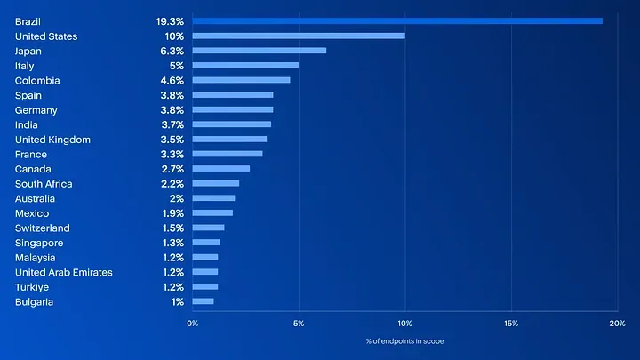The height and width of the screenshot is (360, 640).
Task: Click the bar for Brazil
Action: pos(397,21)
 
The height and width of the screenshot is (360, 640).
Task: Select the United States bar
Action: pos(299,36)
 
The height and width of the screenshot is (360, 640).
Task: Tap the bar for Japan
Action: pos(260,51)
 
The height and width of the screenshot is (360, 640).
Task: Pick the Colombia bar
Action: pos(242,80)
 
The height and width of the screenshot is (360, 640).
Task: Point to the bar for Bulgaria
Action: pos(204,301)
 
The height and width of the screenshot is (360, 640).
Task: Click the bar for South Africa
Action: pos(216,184)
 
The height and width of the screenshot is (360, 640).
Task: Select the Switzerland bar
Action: pos(209,228)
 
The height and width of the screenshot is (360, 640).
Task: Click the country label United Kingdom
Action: pos(52,140)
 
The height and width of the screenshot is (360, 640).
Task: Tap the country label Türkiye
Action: pos(32,287)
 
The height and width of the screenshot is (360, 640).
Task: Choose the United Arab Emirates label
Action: pos(64,272)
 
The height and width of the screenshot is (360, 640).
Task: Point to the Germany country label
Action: pos(36,110)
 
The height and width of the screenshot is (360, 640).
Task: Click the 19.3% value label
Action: pos(170,21)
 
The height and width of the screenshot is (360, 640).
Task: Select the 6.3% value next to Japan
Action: pos(172,51)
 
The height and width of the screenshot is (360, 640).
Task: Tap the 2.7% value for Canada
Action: pos(172,169)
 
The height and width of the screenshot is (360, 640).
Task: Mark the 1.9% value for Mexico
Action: pos(173,213)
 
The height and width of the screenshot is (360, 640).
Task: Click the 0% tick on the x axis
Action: pos(193,324)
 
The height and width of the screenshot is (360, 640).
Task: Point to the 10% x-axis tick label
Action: pos(405,324)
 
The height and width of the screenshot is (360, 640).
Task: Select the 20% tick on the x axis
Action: pos(617,324)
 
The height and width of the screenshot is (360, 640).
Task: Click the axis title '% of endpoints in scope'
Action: pos(405,341)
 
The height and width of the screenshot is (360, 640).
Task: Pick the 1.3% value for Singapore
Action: pos(173,243)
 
